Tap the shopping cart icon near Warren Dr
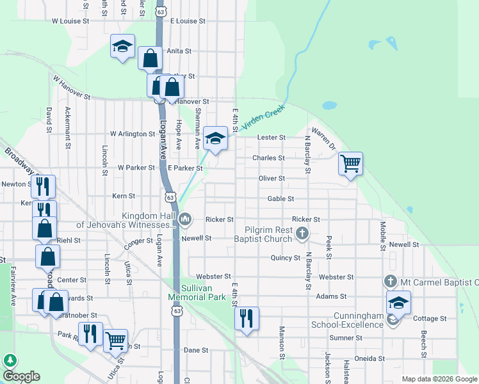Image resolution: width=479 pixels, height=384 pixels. (350, 164)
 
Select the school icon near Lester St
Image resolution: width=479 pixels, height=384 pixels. (216, 138)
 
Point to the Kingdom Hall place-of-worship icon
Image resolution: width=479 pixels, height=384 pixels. (186, 220)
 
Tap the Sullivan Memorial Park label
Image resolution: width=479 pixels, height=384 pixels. (197, 292)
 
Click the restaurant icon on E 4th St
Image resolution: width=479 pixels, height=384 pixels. (247, 317)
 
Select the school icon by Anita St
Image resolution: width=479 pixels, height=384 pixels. (122, 46)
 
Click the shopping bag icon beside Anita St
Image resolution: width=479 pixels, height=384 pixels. (150, 59)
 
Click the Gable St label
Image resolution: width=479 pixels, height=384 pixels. (280, 199)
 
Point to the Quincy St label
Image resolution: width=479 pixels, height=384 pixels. (286, 258)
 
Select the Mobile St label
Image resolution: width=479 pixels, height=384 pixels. (382, 235)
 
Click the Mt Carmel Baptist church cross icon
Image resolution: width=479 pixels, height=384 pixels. (391, 281)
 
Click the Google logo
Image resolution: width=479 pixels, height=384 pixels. (21, 376)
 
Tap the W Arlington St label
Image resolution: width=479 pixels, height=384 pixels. (133, 134)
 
